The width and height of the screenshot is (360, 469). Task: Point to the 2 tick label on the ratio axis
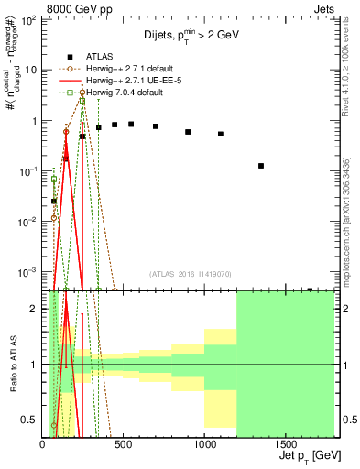click(34, 309)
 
